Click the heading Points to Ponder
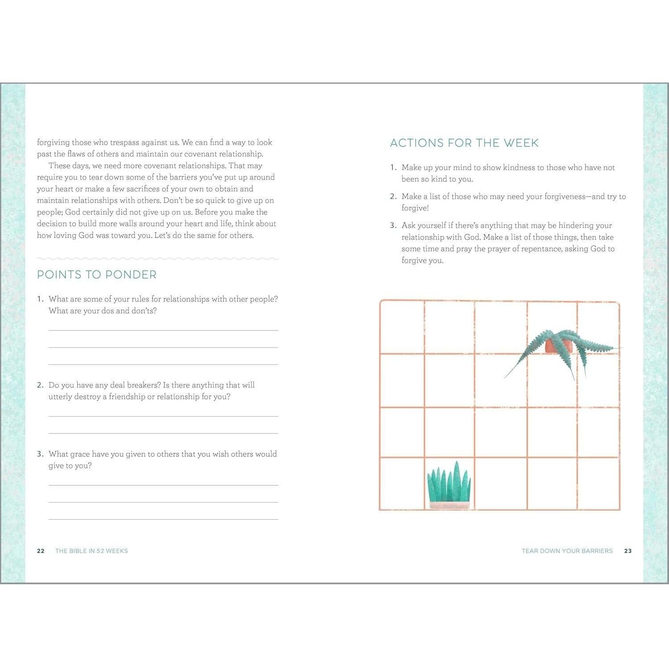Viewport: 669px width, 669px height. tap(97, 275)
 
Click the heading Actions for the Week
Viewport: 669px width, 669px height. tap(464, 143)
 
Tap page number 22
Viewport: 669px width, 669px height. tap(41, 551)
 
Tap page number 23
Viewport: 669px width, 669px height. tap(628, 551)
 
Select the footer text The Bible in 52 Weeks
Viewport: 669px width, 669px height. tap(91, 551)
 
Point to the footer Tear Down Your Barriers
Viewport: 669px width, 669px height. tap(567, 551)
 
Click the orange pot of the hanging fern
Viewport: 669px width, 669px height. tap(553, 346)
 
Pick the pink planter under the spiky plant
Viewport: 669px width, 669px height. tap(450, 505)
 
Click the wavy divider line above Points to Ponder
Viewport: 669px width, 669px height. tap(157, 258)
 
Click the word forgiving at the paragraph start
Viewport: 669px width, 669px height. tap(54, 143)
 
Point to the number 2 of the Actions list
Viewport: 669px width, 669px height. tap(392, 197)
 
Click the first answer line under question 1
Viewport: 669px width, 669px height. tap(163, 330)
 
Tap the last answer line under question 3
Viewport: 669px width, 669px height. tap(163, 519)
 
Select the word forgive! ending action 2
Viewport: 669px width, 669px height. tap(415, 208)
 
